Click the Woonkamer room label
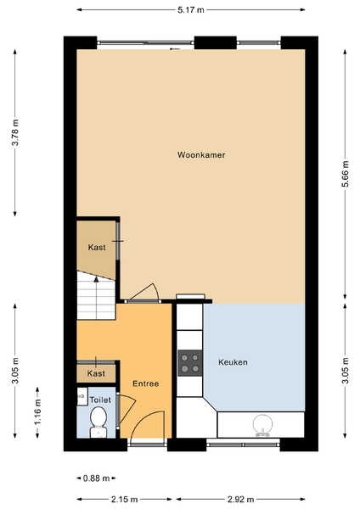(201, 155)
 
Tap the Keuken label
(233, 362)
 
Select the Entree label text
(145, 383)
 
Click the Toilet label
(100, 400)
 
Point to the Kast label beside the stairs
(97, 248)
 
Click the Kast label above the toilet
(96, 373)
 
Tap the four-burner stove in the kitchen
(190, 363)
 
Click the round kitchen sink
(262, 425)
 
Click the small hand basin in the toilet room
(82, 396)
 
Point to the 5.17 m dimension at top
(191, 9)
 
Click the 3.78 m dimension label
(15, 133)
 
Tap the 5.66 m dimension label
(345, 174)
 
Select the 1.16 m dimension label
(37, 412)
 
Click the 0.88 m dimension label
(97, 478)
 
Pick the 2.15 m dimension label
(125, 500)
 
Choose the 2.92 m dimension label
(241, 500)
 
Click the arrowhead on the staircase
(96, 279)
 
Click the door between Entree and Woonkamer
(144, 301)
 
